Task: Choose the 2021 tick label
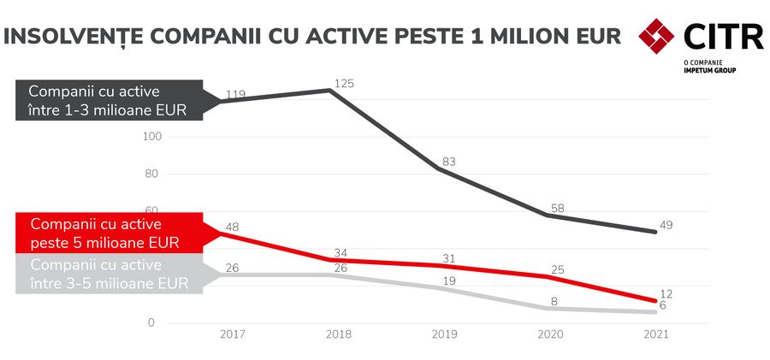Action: [655, 336]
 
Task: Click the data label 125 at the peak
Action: [342, 84]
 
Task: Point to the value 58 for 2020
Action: [555, 208]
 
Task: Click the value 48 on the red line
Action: [231, 227]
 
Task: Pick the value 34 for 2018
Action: [341, 252]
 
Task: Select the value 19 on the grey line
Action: [447, 280]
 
